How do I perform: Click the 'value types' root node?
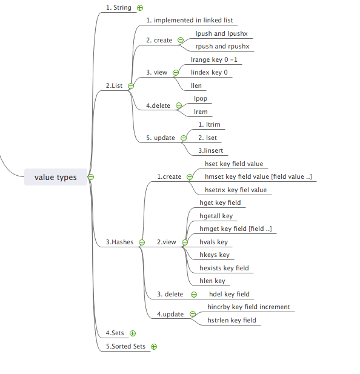(x=56, y=177)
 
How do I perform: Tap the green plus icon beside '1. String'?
(x=140, y=8)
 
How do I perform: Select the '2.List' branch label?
(x=114, y=85)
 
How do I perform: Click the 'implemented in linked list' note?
(x=190, y=20)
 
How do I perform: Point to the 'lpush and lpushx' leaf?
(x=221, y=33)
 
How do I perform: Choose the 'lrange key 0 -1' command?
(x=214, y=59)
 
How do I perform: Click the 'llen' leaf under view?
(x=196, y=85)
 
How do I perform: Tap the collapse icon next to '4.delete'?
(x=179, y=105)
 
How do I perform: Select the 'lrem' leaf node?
(x=201, y=112)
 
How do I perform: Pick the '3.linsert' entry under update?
(x=211, y=150)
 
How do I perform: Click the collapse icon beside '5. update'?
(x=184, y=138)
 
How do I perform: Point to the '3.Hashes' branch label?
(x=119, y=242)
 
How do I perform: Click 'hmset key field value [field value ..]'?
(x=258, y=176)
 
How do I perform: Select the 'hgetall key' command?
(x=216, y=216)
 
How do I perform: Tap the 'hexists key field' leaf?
(x=224, y=268)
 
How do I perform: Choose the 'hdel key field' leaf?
(x=229, y=294)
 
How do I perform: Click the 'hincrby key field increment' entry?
(x=248, y=307)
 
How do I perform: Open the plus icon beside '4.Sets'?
(x=133, y=333)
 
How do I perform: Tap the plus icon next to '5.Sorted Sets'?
(x=154, y=347)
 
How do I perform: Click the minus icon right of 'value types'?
(x=91, y=177)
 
